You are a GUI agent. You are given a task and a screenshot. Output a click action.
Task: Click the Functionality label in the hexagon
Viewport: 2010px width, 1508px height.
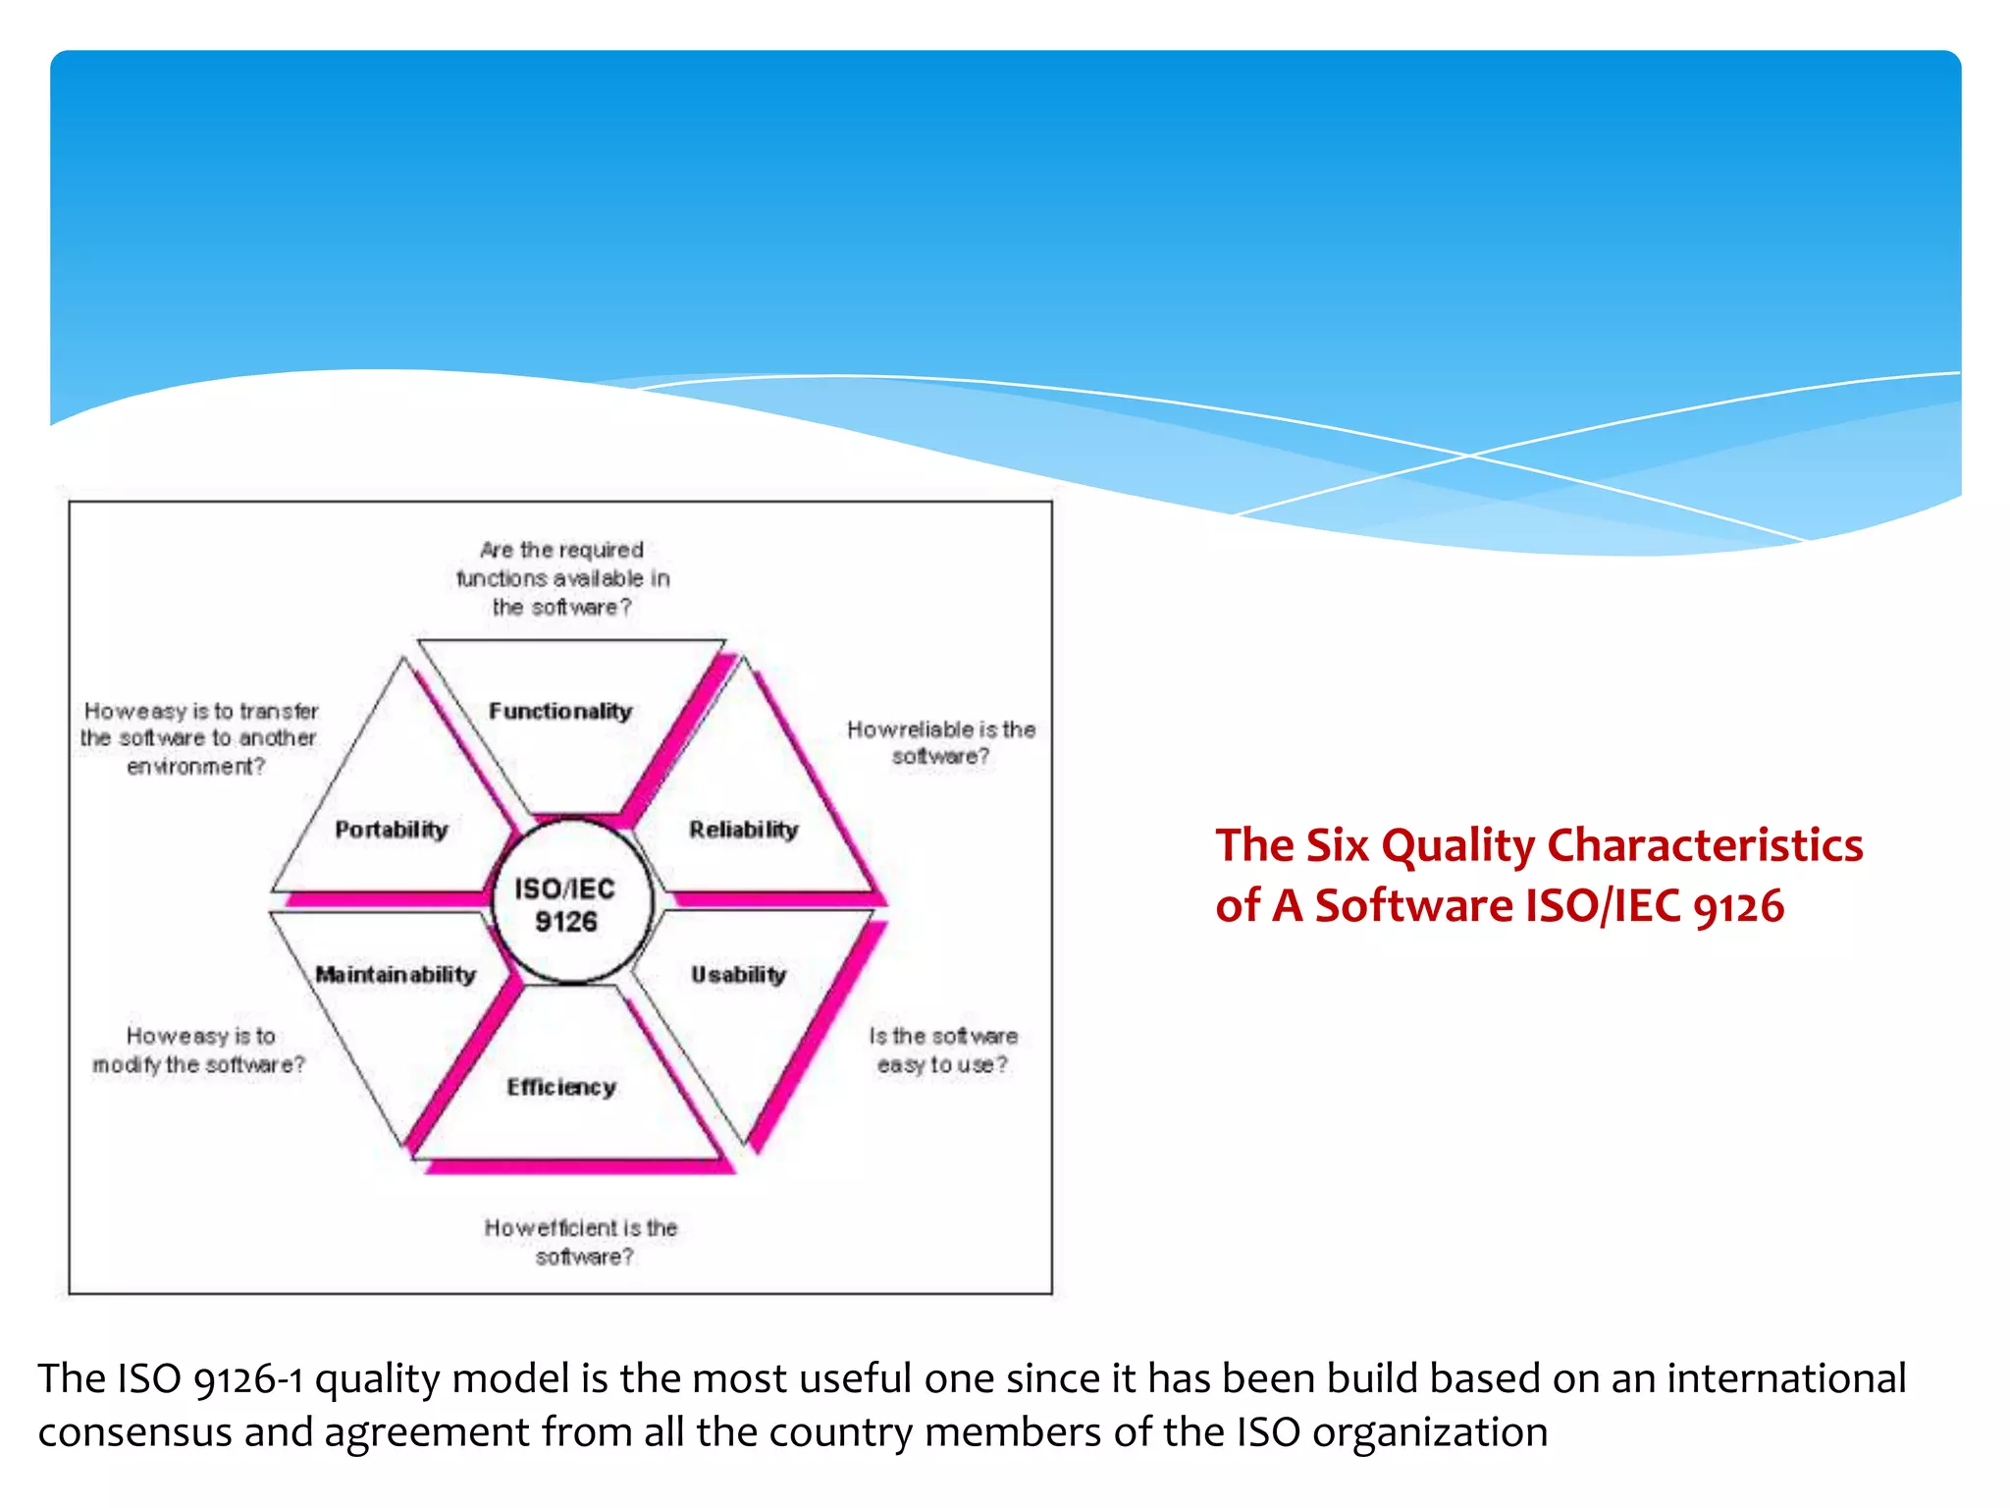[x=560, y=711]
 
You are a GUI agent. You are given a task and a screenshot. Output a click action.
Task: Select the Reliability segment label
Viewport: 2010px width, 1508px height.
[x=743, y=830]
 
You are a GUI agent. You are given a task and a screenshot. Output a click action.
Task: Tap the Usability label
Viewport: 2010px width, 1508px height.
[x=738, y=975]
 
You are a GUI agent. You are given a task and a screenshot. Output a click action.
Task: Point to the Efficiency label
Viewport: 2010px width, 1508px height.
[x=561, y=1087]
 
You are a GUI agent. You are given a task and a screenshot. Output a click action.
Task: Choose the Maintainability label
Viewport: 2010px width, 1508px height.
[x=396, y=975]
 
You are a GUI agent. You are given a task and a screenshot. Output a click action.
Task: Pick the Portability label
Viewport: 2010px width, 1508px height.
[x=391, y=830]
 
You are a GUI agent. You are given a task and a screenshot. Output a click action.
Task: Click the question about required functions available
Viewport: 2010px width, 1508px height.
[x=562, y=578]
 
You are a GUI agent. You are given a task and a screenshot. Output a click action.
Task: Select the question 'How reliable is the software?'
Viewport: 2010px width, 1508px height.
[x=940, y=742]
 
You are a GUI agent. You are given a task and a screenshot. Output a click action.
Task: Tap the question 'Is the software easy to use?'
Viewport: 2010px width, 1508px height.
[x=942, y=1050]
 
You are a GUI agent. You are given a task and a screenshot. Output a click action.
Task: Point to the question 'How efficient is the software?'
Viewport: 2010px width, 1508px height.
[x=581, y=1241]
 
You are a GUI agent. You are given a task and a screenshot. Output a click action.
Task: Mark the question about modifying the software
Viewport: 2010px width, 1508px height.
[x=199, y=1050]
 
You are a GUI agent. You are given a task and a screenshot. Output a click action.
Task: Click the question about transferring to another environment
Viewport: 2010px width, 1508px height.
[x=199, y=737]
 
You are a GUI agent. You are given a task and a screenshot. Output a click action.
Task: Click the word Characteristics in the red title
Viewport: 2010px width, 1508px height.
[x=1704, y=845]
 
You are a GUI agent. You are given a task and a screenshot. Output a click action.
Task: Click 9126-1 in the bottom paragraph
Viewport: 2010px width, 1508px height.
[x=248, y=1379]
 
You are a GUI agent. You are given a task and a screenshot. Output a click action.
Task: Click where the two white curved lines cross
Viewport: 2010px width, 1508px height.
[x=1469, y=456]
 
